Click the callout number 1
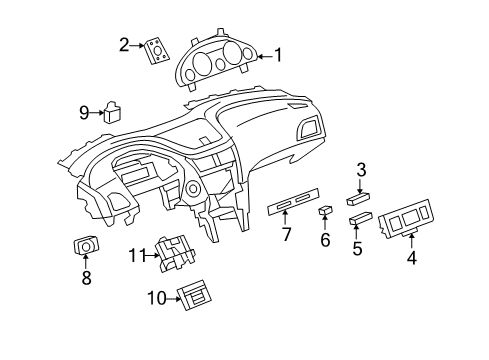[278, 56]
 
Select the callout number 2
[125, 44]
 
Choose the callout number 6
[324, 240]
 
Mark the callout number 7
[287, 234]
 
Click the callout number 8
[85, 278]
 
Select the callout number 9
[85, 113]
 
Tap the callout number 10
[155, 298]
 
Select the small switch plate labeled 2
[156, 50]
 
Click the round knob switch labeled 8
[86, 246]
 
